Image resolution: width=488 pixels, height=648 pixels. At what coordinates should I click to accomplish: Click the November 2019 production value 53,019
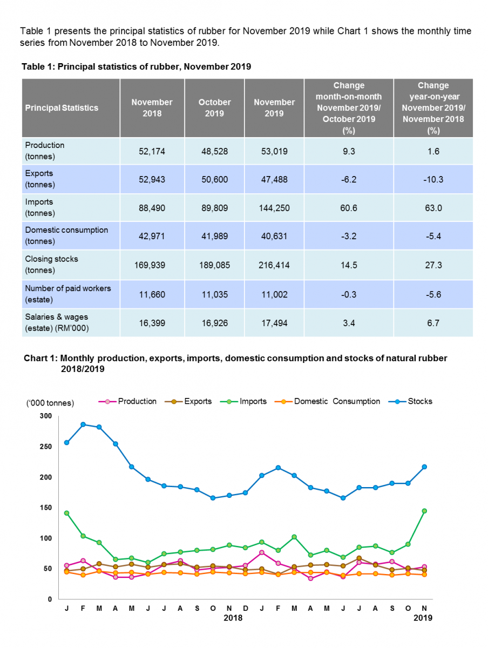tap(274, 152)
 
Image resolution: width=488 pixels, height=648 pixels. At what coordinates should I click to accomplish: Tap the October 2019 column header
tap(214, 107)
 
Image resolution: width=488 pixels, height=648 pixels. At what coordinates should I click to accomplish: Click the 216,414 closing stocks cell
tap(274, 265)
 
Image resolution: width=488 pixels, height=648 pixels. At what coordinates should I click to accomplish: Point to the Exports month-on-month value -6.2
tap(349, 179)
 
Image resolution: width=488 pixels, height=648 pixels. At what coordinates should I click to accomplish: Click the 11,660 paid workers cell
tap(152, 294)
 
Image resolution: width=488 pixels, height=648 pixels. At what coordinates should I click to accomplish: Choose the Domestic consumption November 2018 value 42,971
tap(152, 236)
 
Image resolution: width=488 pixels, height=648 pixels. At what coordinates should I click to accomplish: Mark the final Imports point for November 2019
tap(424, 511)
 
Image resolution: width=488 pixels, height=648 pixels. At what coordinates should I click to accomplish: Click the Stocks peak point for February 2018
tap(83, 424)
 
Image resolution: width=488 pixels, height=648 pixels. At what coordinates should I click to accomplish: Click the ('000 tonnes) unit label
tap(50, 403)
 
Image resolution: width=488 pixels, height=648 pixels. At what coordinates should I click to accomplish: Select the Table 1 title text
tap(136, 67)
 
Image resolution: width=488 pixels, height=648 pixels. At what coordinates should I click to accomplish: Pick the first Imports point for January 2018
tap(66, 513)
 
